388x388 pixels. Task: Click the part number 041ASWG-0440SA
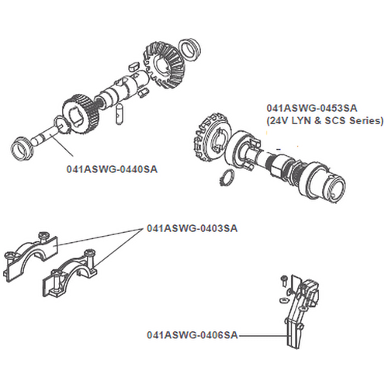coord(112,169)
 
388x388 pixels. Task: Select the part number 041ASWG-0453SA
coord(312,108)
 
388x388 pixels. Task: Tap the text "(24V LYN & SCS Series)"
coord(325,121)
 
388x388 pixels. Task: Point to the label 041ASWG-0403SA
coord(192,228)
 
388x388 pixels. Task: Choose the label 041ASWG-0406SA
coord(192,335)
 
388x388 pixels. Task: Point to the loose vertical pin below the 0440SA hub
coord(120,114)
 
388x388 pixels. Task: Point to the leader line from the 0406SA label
coord(262,335)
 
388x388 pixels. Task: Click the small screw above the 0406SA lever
coord(283,280)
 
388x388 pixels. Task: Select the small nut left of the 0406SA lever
coord(283,300)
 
